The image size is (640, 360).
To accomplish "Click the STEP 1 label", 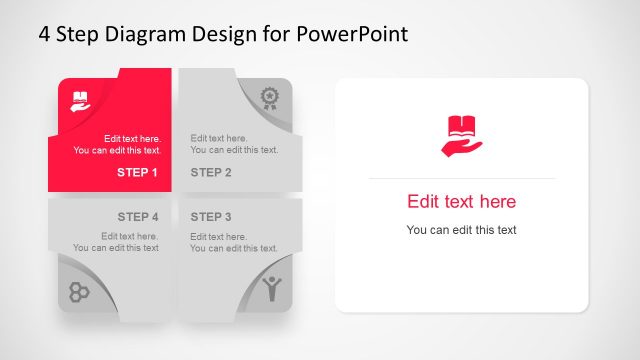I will pos(137,172).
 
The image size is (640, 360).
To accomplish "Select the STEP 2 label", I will pos(211,172).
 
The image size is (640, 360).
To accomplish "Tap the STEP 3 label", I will pos(211,216).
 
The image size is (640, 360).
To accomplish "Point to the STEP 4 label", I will pos(137,216).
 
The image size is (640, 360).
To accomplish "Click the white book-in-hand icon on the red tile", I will pos(80,100).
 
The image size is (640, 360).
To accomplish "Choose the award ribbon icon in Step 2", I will pos(269,97).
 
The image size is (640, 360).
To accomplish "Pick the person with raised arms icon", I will pos(271,289).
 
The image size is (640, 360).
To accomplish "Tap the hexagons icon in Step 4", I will pos(79,291).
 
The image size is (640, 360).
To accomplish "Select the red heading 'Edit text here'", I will pos(461,201).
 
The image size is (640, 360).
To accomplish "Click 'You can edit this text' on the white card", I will pos(461,230).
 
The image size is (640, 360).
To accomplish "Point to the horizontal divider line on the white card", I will pos(461,178).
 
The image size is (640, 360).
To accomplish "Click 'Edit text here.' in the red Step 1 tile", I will pos(132,138).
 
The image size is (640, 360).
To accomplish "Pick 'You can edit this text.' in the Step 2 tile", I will pos(234,150).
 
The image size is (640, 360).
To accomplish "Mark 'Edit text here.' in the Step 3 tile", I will pos(219,236).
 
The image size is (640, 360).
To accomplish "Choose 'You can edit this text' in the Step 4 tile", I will pos(116,248).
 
